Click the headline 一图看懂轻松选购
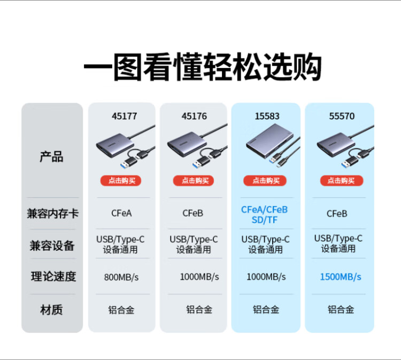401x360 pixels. pos(202,68)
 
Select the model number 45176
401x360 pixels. pos(194,116)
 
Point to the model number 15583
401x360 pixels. pos(267,116)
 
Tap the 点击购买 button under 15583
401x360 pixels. pos(266,181)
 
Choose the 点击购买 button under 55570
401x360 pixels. pos(341,181)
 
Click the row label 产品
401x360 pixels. pos(52,157)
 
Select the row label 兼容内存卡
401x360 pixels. pos(52,213)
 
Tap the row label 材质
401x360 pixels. pos(52,310)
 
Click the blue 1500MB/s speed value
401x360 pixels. pos(341,277)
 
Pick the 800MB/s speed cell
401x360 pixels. pos(121,277)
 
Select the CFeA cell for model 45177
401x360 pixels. pos(121,213)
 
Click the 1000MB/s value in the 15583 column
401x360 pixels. pos(266,277)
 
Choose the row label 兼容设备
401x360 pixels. pos(52,246)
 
